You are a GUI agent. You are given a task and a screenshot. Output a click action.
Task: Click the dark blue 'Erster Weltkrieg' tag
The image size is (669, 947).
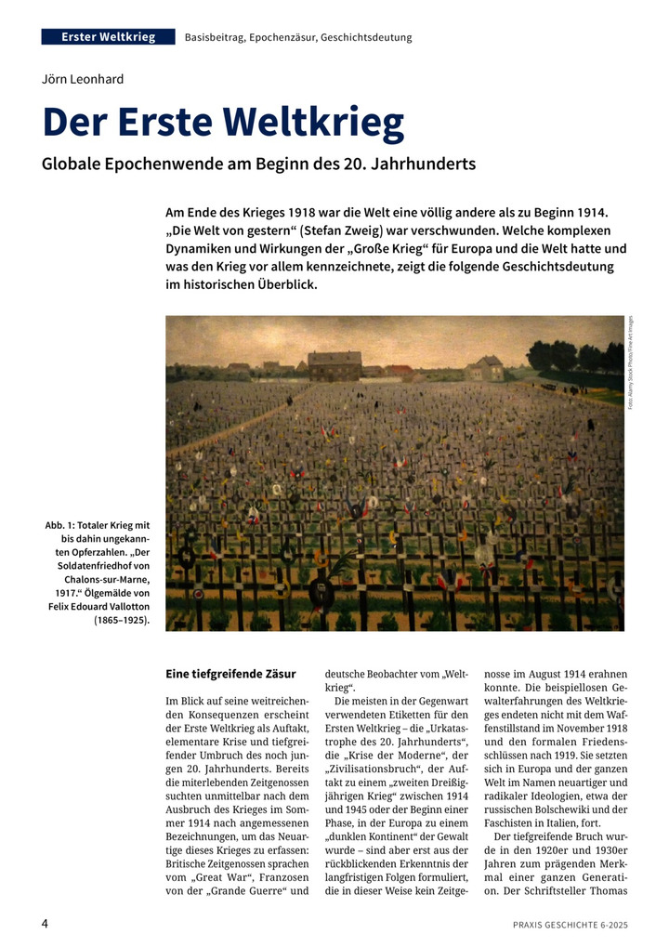(x=109, y=37)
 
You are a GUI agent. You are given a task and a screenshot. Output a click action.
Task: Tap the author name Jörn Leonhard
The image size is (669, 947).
(x=83, y=80)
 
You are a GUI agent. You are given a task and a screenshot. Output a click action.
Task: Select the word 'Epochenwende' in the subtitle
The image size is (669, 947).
(x=160, y=164)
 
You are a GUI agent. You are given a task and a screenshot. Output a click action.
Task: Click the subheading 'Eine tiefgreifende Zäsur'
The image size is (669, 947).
(x=230, y=673)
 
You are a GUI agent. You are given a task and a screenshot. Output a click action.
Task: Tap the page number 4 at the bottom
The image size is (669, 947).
(x=45, y=924)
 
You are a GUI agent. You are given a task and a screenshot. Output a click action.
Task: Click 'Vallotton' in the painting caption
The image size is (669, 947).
(x=125, y=605)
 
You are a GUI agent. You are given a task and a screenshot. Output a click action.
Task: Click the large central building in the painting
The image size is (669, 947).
(x=334, y=365)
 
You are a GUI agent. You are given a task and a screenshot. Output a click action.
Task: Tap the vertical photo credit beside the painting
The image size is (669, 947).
(x=632, y=362)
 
